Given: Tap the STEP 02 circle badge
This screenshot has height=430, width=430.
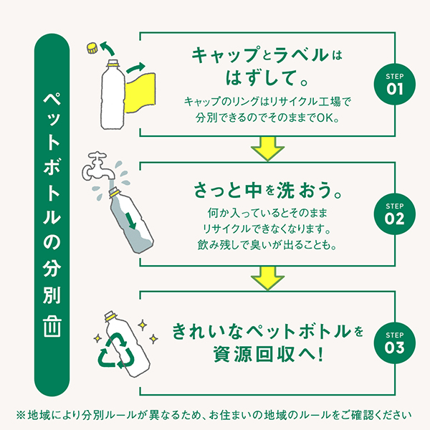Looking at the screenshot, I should coord(396,214).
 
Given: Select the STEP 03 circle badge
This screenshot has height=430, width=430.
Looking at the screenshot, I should coord(396,343).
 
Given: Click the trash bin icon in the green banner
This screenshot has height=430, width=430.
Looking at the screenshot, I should coord(52,326).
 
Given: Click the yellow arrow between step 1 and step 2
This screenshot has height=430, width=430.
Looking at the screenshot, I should coord(267,149).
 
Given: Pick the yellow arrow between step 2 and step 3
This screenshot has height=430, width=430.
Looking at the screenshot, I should coord(267,278).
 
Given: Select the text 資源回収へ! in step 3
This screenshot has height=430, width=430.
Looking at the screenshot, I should coord(267,354).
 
